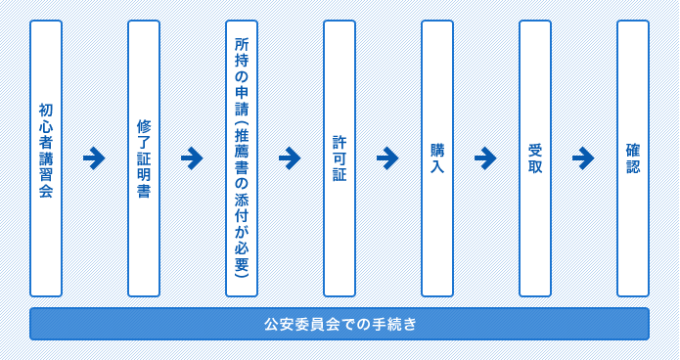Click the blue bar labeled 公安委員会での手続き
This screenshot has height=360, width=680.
click(x=340, y=324)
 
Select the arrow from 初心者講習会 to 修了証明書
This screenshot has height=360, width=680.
click(x=94, y=157)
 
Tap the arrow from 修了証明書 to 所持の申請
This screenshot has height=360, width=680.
click(x=192, y=157)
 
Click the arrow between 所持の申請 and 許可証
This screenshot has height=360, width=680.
click(x=290, y=157)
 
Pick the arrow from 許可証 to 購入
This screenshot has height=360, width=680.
click(x=387, y=157)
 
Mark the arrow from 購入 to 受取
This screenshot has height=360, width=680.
click(x=485, y=157)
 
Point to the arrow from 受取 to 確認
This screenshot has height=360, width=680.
click(x=583, y=157)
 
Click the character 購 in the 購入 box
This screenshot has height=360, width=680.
click(x=437, y=150)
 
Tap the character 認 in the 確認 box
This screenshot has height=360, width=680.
click(x=633, y=166)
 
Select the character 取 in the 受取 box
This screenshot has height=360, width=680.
click(x=535, y=166)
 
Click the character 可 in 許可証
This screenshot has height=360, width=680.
click(x=340, y=158)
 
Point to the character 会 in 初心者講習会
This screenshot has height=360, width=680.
click(x=46, y=191)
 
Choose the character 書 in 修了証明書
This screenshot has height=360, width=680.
click(x=144, y=191)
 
